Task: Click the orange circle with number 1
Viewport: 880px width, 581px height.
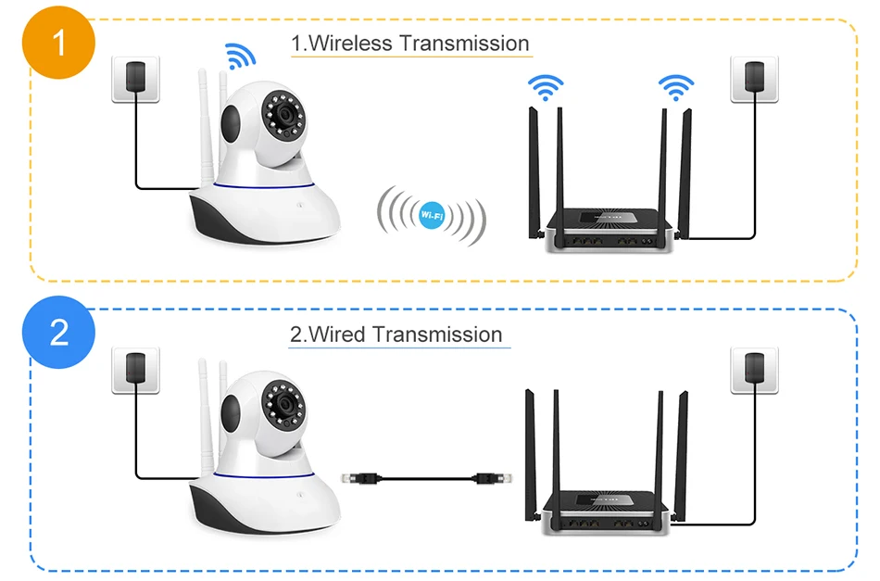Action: (x=58, y=43)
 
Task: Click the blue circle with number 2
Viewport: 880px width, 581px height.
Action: (x=58, y=332)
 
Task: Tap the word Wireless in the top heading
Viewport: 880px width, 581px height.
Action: (x=350, y=44)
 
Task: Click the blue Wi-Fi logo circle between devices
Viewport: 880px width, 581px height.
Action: (x=432, y=215)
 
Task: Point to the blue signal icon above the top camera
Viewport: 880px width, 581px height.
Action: (x=240, y=57)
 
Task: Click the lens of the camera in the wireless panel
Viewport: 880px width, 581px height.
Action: (x=285, y=116)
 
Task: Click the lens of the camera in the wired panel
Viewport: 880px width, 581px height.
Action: (x=285, y=405)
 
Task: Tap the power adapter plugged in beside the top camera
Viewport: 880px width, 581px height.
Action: (x=136, y=77)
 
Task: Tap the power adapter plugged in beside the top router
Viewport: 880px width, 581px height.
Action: (x=754, y=77)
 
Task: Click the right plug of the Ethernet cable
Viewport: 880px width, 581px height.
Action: (x=492, y=478)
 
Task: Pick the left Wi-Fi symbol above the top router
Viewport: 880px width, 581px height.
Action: (x=546, y=87)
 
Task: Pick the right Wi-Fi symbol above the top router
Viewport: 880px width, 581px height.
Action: (x=675, y=87)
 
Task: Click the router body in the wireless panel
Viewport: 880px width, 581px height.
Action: (x=609, y=229)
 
